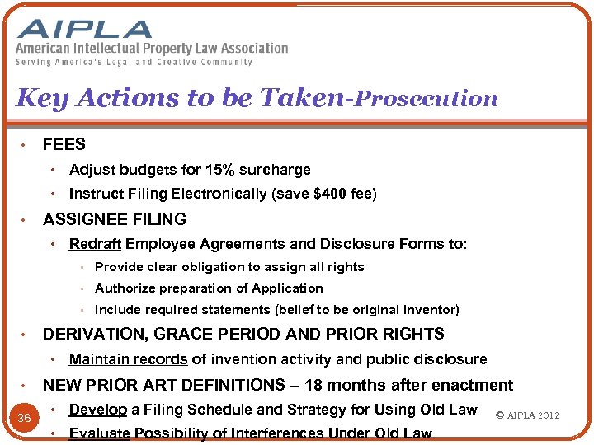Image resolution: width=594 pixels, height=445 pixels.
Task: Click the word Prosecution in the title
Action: pyautogui.click(x=426, y=99)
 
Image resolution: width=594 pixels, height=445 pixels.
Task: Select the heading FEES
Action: pyautogui.click(x=64, y=145)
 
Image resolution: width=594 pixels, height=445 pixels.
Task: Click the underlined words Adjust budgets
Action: pyautogui.click(x=123, y=170)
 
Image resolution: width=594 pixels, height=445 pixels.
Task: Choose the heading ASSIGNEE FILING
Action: pyautogui.click(x=115, y=219)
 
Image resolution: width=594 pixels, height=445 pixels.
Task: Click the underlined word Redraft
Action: pyautogui.click(x=95, y=244)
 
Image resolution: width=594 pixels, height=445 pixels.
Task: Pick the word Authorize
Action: pyautogui.click(x=125, y=288)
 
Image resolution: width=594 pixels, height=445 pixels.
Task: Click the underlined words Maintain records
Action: pyautogui.click(x=129, y=359)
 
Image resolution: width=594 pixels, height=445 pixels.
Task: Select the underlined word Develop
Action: pyautogui.click(x=98, y=410)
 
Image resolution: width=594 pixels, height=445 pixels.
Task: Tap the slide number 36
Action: pyautogui.click(x=25, y=418)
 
